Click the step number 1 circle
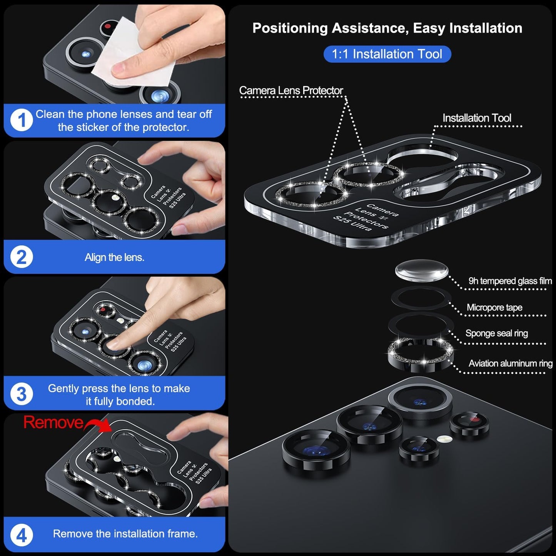tap(21, 120)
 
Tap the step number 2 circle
tap(21, 257)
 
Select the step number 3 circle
tap(21, 394)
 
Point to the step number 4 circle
tap(21, 535)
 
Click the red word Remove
tap(53, 422)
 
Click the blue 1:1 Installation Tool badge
tap(387, 54)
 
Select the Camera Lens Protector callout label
tap(291, 90)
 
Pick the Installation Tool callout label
tap(476, 118)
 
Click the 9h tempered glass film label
tap(510, 281)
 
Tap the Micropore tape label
tap(494, 307)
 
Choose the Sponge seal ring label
tap(496, 333)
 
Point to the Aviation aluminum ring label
tap(510, 363)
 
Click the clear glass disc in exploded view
tap(422, 270)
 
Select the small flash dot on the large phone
tap(444, 439)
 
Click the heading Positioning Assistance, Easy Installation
tap(387, 28)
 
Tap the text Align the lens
tap(114, 257)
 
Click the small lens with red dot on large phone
tap(469, 424)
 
